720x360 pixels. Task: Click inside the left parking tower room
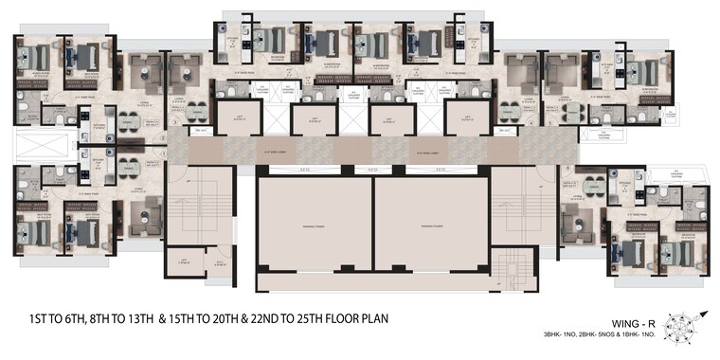click(x=314, y=226)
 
